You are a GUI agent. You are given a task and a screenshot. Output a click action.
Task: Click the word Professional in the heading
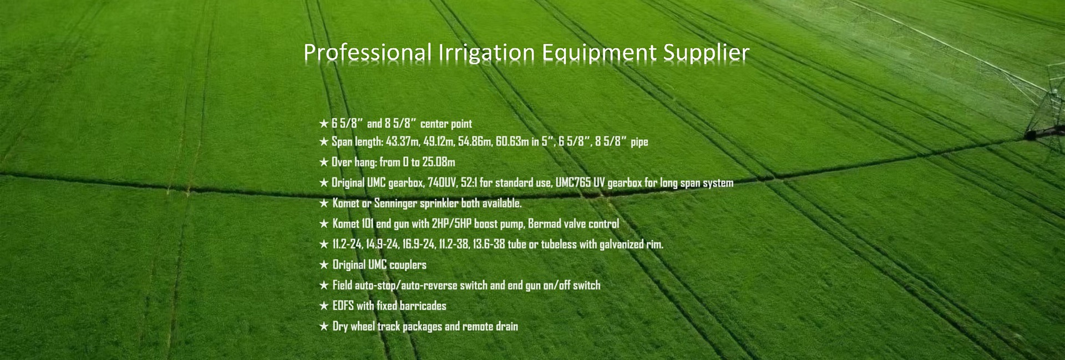click(367, 53)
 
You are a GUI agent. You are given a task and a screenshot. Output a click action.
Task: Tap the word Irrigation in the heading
click(486, 53)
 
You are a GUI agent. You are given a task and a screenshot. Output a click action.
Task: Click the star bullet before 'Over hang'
click(324, 162)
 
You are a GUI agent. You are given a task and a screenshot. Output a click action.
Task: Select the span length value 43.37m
click(403, 141)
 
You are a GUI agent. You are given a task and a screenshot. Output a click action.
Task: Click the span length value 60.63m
click(513, 141)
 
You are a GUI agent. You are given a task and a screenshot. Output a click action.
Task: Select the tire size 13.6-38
click(489, 244)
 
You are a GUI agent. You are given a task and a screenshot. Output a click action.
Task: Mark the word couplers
click(408, 265)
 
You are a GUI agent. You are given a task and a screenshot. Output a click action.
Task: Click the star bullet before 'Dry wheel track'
click(324, 326)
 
